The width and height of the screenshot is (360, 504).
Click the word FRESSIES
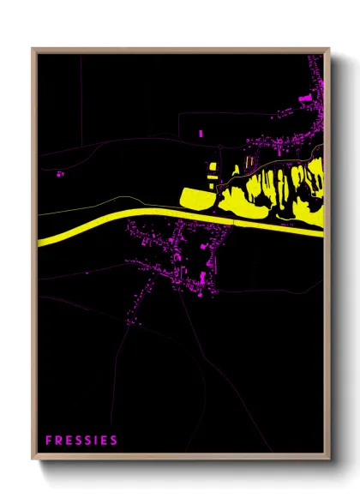point(81,441)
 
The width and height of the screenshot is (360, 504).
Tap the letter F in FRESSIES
point(49,441)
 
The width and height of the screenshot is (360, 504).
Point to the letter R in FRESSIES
point(58,441)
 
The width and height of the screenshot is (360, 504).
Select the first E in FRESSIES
point(68,441)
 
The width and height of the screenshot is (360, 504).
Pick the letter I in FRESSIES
point(97,441)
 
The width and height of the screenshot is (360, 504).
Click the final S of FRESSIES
point(114,441)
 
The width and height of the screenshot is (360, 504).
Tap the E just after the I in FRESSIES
point(105,441)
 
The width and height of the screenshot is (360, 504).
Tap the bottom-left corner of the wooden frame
point(33,460)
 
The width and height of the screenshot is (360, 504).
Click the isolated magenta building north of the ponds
point(201,134)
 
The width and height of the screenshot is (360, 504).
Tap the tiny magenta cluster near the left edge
point(60,174)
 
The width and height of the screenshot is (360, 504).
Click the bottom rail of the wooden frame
point(180,458)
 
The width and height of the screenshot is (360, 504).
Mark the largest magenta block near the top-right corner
point(305,100)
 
